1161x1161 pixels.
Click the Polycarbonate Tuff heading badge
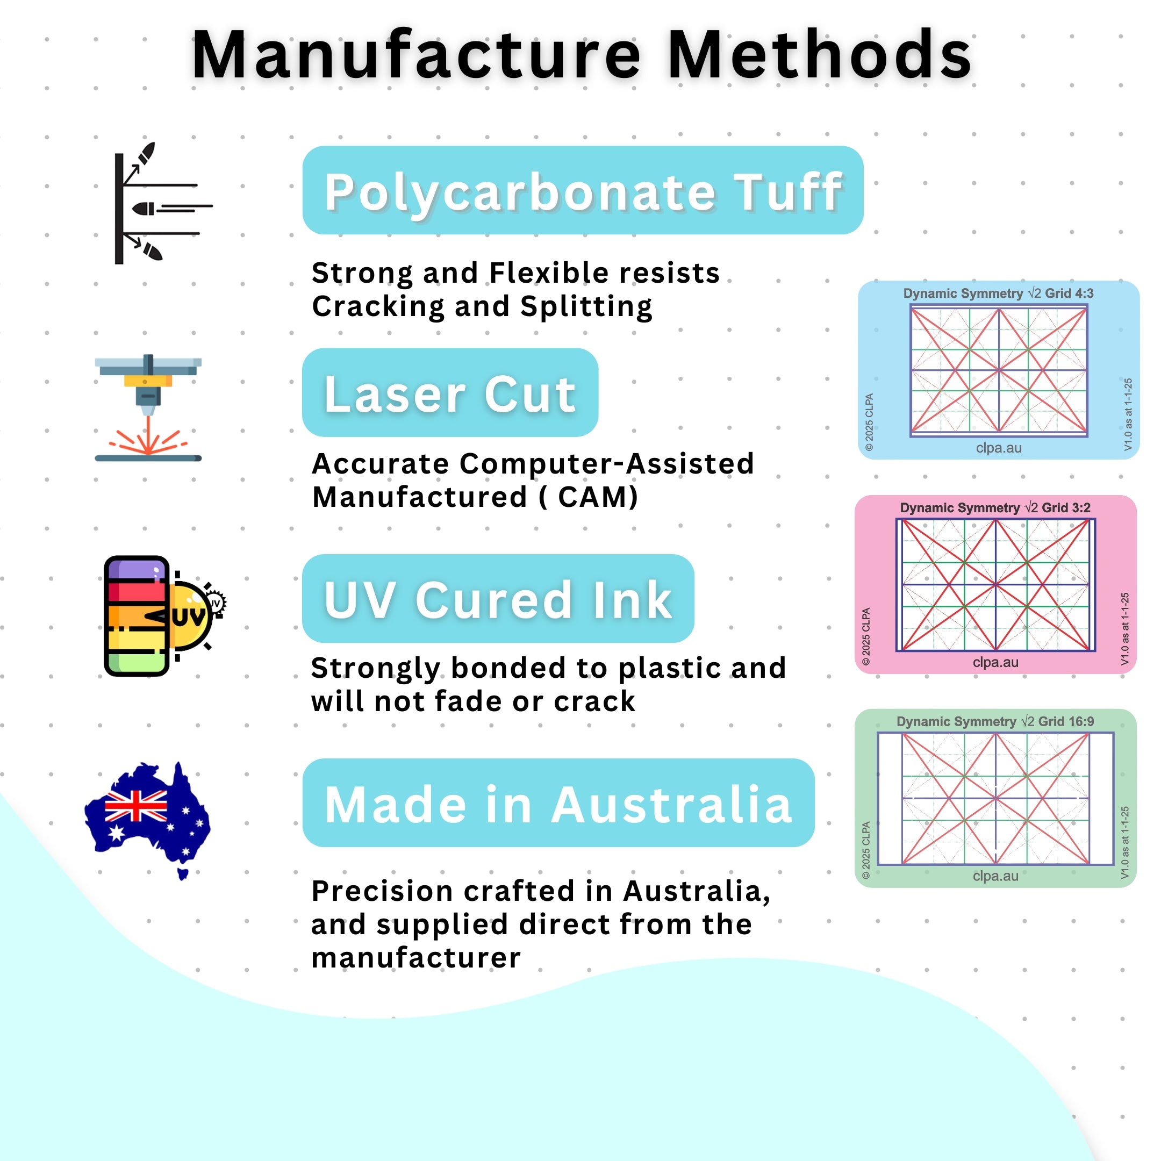point(583,190)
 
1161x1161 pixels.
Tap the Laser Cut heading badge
point(450,392)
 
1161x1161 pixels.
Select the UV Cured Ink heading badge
point(498,599)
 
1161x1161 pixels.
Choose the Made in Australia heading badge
point(558,803)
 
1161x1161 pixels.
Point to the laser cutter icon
point(148,408)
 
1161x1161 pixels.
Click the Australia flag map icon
point(148,820)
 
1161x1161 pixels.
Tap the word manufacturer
point(416,958)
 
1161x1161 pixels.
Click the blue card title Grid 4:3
point(1069,293)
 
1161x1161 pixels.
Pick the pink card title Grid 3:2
point(1066,508)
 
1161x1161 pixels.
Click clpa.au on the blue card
point(999,448)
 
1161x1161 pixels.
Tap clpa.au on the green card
point(996,876)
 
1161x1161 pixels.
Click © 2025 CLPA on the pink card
point(866,636)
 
